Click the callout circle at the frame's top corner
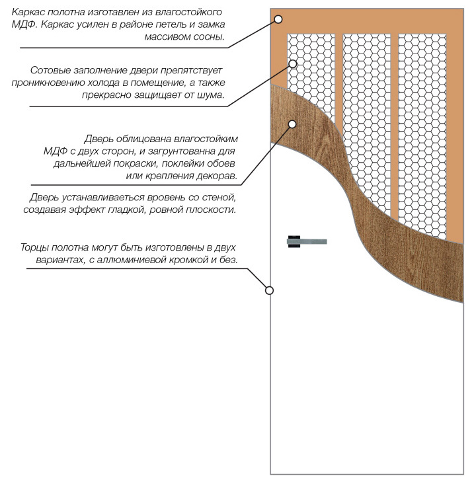pyautogui.click(x=278, y=20)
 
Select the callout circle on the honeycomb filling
pyautogui.click(x=292, y=63)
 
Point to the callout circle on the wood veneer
pyautogui.click(x=292, y=123)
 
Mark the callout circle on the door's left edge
pyautogui.click(x=269, y=290)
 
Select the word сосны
pyautogui.click(x=211, y=38)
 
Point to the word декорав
pyautogui.click(x=217, y=177)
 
